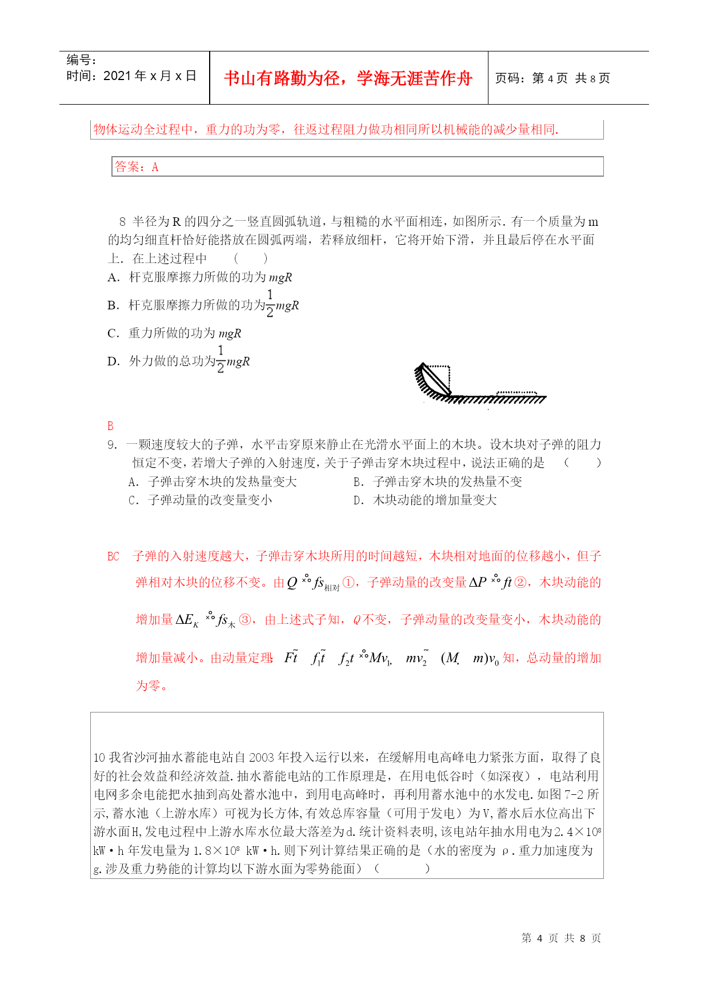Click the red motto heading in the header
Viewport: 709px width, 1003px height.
348,78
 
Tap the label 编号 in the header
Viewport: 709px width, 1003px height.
81,60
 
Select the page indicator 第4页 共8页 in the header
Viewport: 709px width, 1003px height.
552,78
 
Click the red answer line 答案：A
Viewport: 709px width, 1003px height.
137,167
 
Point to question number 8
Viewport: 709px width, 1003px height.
122,222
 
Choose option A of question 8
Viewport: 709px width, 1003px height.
200,277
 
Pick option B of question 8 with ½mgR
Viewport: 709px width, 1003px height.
203,305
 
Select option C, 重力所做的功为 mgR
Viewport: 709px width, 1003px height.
174,333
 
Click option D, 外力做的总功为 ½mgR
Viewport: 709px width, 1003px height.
178,361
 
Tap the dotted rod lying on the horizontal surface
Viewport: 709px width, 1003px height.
516,393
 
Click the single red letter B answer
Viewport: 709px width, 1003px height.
110,426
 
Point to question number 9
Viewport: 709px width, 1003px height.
112,445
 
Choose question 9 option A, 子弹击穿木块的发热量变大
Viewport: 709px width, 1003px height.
213,481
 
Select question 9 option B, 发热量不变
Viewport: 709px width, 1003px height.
438,481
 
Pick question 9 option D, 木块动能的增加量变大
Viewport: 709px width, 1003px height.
425,500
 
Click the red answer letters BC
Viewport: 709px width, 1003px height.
113,556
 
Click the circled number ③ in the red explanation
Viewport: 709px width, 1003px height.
246,620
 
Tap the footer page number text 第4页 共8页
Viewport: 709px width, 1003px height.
561,938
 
